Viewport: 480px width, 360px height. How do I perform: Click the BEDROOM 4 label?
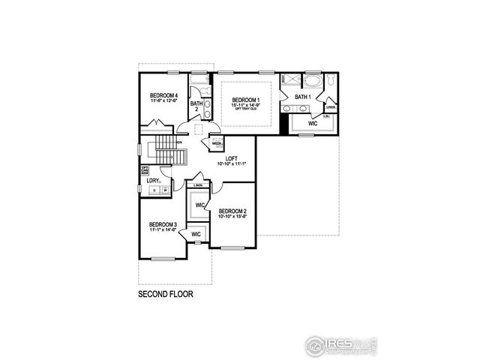point(163,95)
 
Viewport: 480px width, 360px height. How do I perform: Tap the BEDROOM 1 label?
point(245,100)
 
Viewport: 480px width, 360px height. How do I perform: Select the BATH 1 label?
point(302,97)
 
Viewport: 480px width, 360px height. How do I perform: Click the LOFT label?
point(232,157)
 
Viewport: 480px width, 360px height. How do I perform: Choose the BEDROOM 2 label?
point(232,211)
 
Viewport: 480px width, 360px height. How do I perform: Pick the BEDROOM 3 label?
point(163,224)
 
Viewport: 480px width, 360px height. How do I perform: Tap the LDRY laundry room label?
point(153,181)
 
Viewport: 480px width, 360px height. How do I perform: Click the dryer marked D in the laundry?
point(154,191)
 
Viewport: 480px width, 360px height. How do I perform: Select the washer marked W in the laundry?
point(164,191)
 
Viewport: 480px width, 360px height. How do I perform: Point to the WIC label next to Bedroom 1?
point(313,123)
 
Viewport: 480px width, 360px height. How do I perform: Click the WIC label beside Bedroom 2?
point(200,205)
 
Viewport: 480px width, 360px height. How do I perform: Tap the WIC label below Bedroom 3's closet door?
point(196,235)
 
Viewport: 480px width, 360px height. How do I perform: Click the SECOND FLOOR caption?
point(165,295)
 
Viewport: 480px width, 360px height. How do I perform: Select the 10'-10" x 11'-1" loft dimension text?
point(232,163)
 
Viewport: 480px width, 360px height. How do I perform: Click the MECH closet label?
point(215,143)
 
